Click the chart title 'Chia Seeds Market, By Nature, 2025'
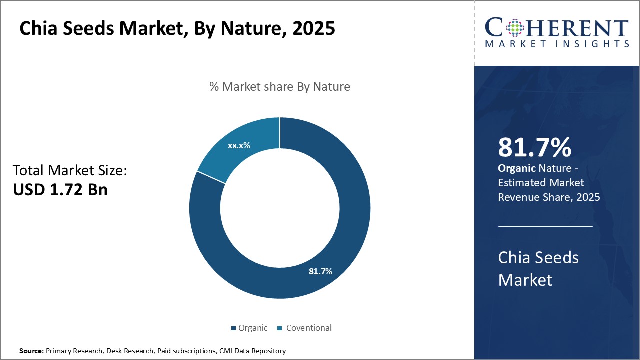point(177,28)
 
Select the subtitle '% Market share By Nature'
point(280,87)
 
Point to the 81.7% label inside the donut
point(320,271)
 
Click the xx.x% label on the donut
point(239,146)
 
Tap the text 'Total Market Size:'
point(70,171)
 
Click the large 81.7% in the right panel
point(534,148)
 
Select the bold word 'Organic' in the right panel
point(514,169)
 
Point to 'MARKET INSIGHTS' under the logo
point(557,44)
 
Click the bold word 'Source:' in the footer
point(32,351)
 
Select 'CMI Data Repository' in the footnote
point(252,351)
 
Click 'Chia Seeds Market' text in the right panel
point(538,268)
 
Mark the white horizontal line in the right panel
point(545,226)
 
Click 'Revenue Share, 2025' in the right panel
point(549,197)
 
